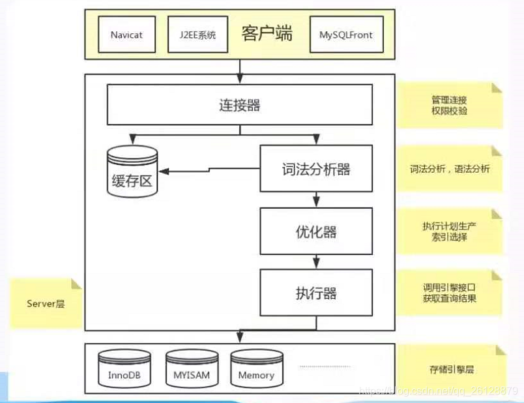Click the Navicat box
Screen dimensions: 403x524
click(126, 34)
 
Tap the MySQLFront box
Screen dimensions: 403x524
click(346, 34)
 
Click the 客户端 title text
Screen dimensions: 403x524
click(267, 33)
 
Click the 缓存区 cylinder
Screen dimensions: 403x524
click(132, 172)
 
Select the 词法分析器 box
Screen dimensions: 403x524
click(316, 169)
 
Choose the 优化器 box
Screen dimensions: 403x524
click(316, 231)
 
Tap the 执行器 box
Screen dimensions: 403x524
click(316, 293)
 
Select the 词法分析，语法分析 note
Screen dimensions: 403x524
click(449, 168)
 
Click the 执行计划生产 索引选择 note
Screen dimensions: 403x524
click(449, 231)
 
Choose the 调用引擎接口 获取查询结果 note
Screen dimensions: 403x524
click(449, 292)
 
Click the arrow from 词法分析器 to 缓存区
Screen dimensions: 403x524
click(209, 170)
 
